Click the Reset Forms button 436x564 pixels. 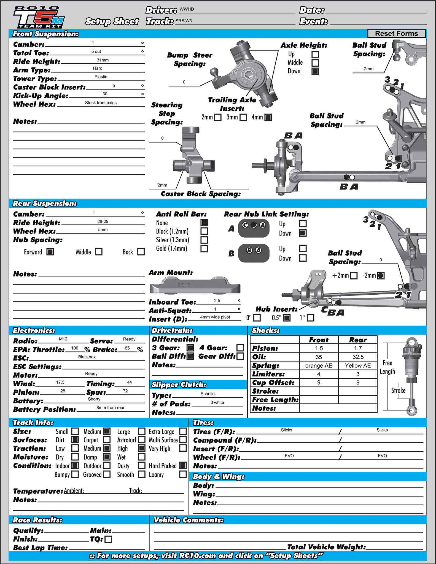(396, 34)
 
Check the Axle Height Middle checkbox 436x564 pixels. (315, 63)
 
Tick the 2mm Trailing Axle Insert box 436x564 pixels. (218, 118)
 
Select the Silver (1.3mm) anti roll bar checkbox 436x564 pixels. (204, 240)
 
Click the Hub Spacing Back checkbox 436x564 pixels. (141, 252)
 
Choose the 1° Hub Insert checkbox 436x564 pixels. (310, 318)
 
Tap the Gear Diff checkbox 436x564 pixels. (240, 356)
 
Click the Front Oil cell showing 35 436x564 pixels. (319, 357)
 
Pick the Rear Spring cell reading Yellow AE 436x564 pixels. (358, 365)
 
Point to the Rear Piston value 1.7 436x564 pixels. (358, 348)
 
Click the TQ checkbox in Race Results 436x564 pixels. (109, 539)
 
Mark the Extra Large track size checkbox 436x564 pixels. (183, 431)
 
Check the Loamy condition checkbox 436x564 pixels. (183, 474)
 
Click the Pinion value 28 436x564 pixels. (63, 391)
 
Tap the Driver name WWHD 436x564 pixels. (187, 9)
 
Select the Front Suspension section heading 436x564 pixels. (46, 34)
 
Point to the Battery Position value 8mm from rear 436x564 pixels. (110, 408)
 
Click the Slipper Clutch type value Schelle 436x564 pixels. (208, 394)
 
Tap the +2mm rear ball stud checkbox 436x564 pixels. (354, 276)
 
